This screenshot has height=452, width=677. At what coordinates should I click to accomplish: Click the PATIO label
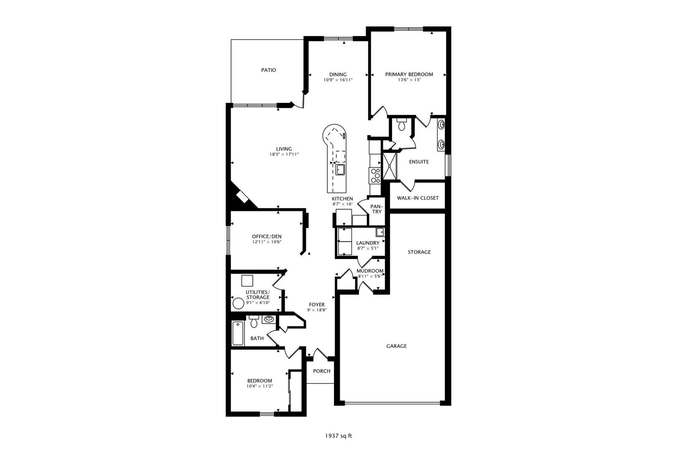(268, 70)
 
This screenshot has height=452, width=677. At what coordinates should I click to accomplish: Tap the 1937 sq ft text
(338, 436)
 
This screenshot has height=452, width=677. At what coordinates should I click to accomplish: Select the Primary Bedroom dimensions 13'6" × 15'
(409, 80)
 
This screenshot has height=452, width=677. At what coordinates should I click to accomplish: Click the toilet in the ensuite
(402, 124)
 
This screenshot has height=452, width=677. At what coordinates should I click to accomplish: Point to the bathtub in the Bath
(238, 333)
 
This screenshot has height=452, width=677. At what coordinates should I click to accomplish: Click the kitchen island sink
(340, 169)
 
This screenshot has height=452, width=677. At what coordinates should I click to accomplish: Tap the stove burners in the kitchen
(375, 175)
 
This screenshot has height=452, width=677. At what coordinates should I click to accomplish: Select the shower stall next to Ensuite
(389, 166)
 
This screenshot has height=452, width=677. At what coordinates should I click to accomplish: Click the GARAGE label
(396, 346)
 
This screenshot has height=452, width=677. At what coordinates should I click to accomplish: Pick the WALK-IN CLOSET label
(417, 198)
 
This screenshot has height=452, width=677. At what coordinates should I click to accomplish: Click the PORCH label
(322, 371)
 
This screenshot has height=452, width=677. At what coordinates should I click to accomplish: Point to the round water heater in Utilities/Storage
(238, 303)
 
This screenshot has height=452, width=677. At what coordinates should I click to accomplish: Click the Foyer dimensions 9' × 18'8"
(317, 310)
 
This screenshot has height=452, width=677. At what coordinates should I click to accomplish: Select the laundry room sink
(379, 232)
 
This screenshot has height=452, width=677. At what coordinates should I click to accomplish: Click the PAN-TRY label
(377, 209)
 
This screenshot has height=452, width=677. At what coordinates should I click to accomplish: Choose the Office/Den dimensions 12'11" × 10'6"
(267, 242)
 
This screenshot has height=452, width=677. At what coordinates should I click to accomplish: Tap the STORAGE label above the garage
(419, 252)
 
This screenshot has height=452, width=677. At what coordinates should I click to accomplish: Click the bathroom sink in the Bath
(269, 319)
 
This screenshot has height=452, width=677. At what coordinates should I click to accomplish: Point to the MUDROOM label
(370, 271)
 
